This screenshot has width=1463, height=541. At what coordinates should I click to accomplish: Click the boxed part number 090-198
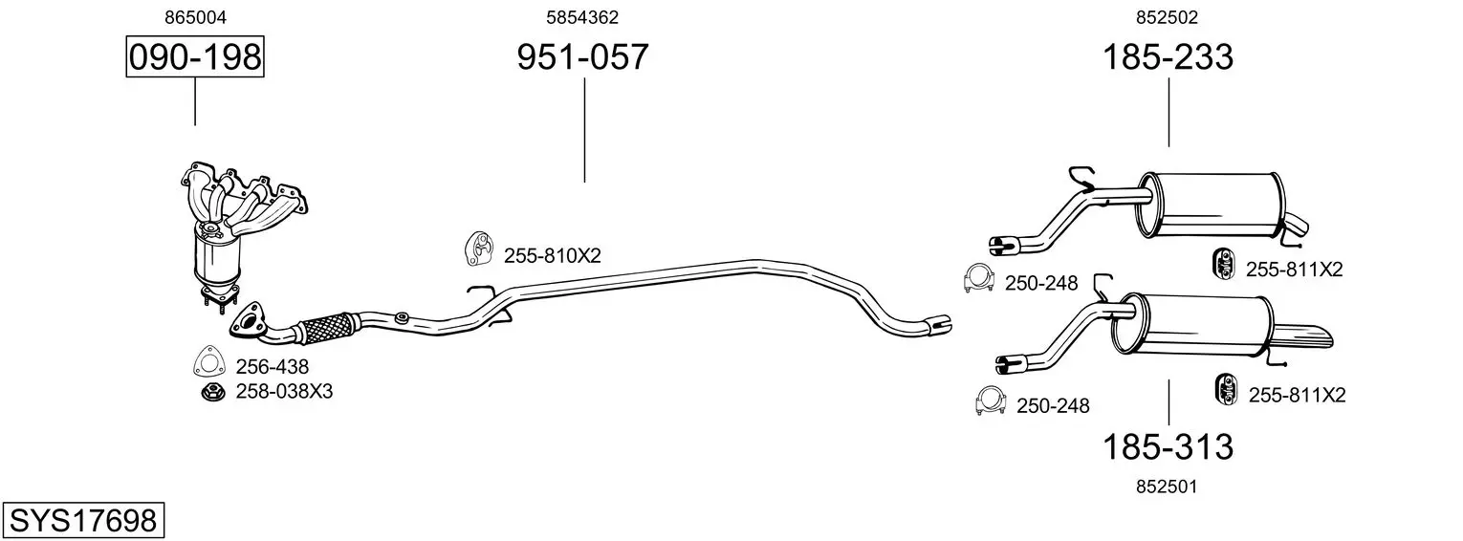pyautogui.click(x=195, y=56)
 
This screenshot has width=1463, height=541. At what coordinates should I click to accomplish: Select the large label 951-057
pyautogui.click(x=582, y=56)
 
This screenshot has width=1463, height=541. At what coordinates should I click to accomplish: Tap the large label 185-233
pyautogui.click(x=1168, y=56)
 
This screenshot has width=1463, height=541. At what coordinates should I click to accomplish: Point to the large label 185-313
pyautogui.click(x=1168, y=447)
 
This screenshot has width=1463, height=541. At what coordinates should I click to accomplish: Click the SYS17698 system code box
pyautogui.click(x=83, y=521)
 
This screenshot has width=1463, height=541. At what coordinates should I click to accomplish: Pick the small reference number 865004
pyautogui.click(x=195, y=17)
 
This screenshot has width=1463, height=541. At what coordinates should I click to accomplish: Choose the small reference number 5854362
pyautogui.click(x=582, y=17)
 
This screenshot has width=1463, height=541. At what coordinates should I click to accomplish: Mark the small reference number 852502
pyautogui.click(x=1167, y=17)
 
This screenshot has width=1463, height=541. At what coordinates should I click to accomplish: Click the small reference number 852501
pyautogui.click(x=1167, y=487)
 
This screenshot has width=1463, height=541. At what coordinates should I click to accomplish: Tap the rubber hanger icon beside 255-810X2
pyautogui.click(x=479, y=249)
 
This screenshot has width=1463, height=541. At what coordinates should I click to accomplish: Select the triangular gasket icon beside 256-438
pyautogui.click(x=209, y=361)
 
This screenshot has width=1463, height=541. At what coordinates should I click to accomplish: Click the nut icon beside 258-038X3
pyautogui.click(x=213, y=392)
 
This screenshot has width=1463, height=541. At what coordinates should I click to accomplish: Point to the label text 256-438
pyautogui.click(x=272, y=367)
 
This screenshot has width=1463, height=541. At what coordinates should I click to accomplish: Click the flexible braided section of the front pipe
pyautogui.click(x=328, y=328)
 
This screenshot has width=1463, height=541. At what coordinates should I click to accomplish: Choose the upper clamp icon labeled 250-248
pyautogui.click(x=978, y=279)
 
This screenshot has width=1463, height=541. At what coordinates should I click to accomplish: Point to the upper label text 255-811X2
pyautogui.click(x=1294, y=270)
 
